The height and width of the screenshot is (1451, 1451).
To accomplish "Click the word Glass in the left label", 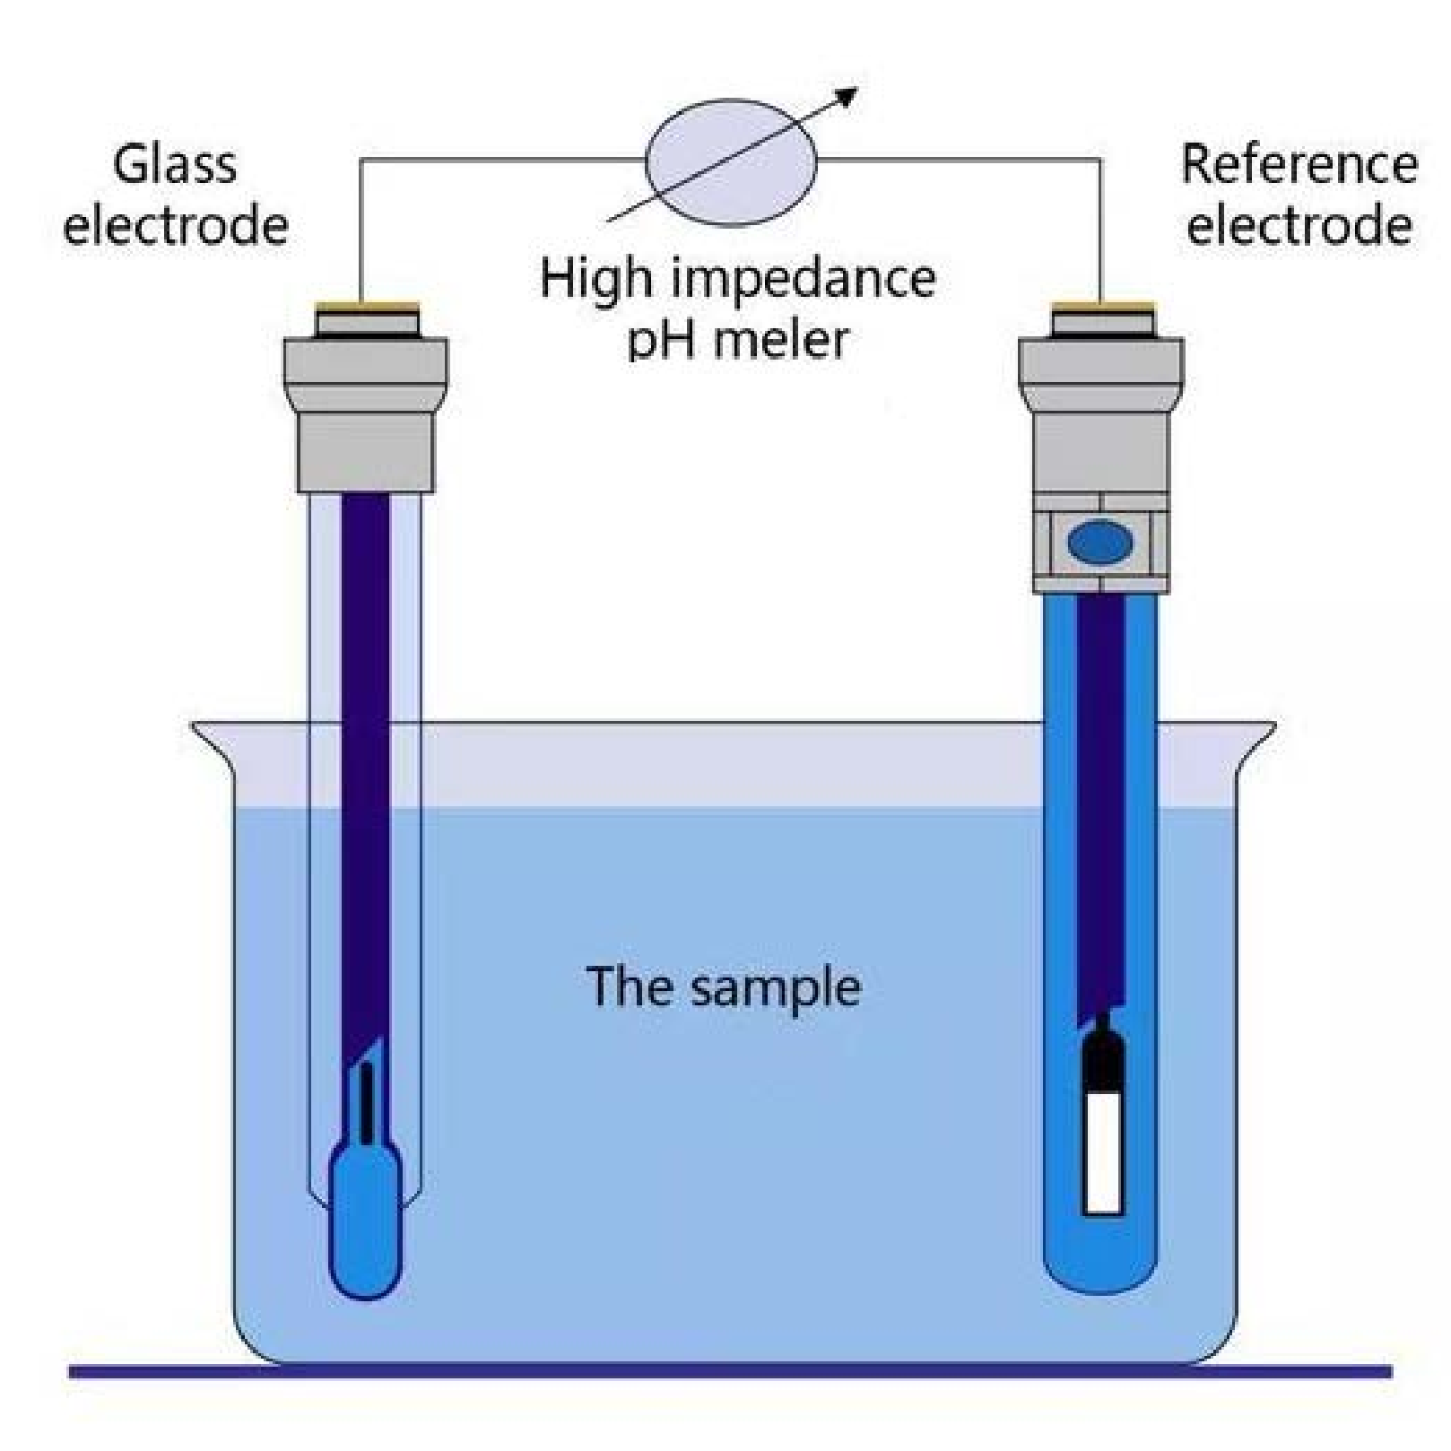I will [175, 165].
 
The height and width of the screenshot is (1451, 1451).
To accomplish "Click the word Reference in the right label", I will [1299, 165].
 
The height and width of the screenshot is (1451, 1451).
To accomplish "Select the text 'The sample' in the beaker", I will [723, 986].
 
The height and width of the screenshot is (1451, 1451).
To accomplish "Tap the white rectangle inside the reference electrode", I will [1102, 1152].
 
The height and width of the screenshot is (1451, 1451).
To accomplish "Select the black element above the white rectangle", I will [1102, 1058].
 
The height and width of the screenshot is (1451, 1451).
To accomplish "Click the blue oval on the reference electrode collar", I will [1100, 543].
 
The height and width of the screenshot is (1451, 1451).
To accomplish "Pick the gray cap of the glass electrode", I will [366, 413].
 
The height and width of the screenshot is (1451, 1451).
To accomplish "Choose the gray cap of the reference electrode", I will [1101, 413].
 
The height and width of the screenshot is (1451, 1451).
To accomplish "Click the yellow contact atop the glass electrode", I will [367, 307].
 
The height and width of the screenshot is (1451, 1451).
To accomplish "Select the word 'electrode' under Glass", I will [176, 226].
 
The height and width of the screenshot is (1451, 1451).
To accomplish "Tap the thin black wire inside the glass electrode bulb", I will [366, 1103].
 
